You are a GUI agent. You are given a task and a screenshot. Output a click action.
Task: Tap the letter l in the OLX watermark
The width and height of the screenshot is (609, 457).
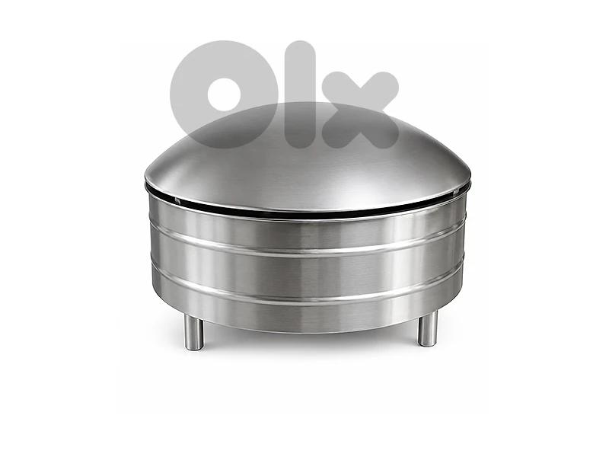point(298,94)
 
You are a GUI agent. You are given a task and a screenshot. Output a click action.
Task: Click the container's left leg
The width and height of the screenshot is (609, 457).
point(193,331)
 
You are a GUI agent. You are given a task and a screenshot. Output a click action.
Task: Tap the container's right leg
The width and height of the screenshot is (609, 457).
point(428,329)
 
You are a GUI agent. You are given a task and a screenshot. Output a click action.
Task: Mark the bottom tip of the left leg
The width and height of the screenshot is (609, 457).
point(193,350)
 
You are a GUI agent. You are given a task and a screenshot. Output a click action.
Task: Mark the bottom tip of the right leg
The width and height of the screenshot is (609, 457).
point(428,347)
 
